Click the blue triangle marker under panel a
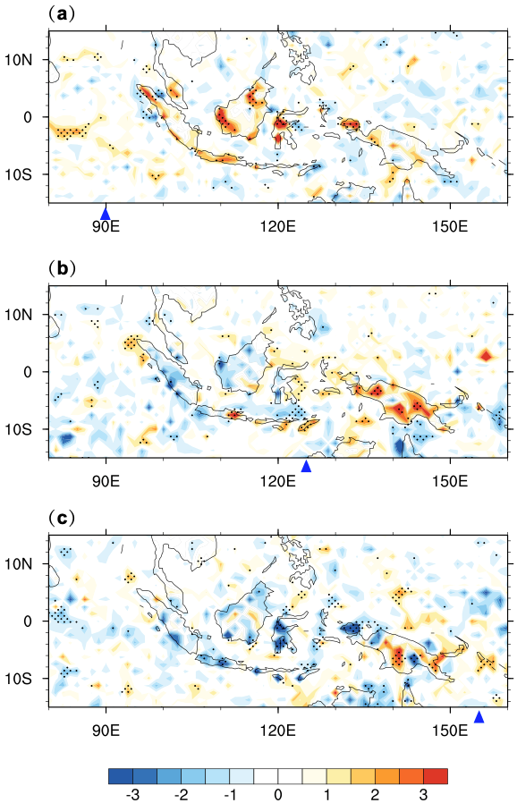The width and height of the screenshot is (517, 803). pyautogui.click(x=105, y=214)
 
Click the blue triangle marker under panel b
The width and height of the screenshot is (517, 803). pyautogui.click(x=306, y=466)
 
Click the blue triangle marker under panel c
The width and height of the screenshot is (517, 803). pyautogui.click(x=479, y=717)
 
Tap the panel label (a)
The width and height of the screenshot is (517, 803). pyautogui.click(x=62, y=13)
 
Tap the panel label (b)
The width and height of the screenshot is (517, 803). pyautogui.click(x=62, y=267)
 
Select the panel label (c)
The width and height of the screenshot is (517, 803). pyautogui.click(x=62, y=519)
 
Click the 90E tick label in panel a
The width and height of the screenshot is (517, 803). pyautogui.click(x=106, y=226)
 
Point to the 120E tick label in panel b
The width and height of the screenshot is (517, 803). pyautogui.click(x=277, y=480)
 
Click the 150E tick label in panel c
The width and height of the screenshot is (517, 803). pyautogui.click(x=450, y=731)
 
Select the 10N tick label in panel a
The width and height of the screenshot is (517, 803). pyautogui.click(x=19, y=60)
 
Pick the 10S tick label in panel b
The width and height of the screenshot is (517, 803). pyautogui.click(x=19, y=429)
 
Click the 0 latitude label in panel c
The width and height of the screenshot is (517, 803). pyautogui.click(x=28, y=621)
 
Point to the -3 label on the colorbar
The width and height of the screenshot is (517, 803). pyautogui.click(x=132, y=795)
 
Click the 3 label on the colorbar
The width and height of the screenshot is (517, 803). pyautogui.click(x=423, y=795)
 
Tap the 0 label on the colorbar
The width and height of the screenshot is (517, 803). pyautogui.click(x=277, y=795)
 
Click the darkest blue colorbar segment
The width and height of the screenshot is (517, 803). pyautogui.click(x=121, y=776)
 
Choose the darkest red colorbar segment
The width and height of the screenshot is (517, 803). pyautogui.click(x=436, y=776)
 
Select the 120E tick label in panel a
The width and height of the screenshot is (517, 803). pyautogui.click(x=277, y=226)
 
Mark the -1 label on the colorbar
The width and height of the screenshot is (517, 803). pyautogui.click(x=230, y=795)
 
